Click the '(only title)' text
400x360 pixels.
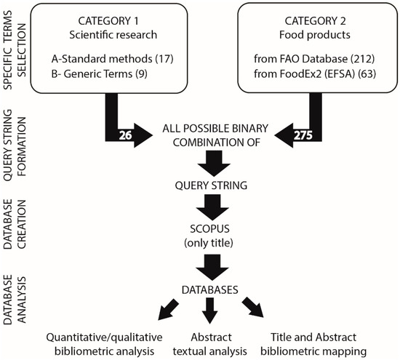(209, 239)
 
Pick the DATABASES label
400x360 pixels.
(209, 290)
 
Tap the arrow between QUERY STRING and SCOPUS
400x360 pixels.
(209, 204)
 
